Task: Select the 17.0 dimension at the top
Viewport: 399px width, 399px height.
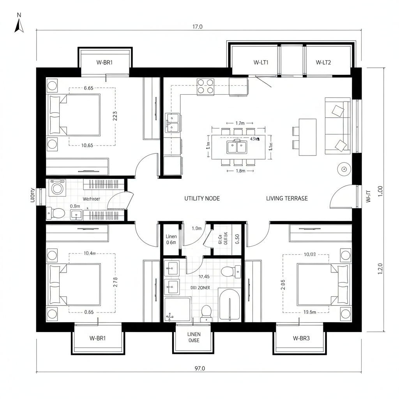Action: [198, 27]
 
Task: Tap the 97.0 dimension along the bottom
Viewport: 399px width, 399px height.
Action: [199, 368]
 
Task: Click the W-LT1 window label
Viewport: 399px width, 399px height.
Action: [261, 62]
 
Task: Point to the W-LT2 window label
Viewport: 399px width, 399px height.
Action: [323, 62]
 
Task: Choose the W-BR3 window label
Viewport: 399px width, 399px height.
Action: [301, 338]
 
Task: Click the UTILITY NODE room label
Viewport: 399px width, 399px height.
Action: [202, 198]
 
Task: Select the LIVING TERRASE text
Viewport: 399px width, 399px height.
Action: [287, 198]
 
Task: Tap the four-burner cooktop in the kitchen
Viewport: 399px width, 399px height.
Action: [205, 86]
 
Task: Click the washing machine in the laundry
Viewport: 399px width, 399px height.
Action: [58, 188]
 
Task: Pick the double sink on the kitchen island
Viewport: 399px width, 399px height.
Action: [237, 148]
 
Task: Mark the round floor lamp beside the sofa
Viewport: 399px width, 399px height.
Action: [344, 169]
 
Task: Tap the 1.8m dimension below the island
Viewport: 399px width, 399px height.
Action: [240, 171]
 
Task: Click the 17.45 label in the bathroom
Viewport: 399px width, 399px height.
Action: [204, 277]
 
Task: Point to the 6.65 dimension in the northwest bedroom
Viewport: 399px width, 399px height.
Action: [88, 88]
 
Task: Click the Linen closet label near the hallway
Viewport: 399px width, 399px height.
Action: [171, 237]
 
